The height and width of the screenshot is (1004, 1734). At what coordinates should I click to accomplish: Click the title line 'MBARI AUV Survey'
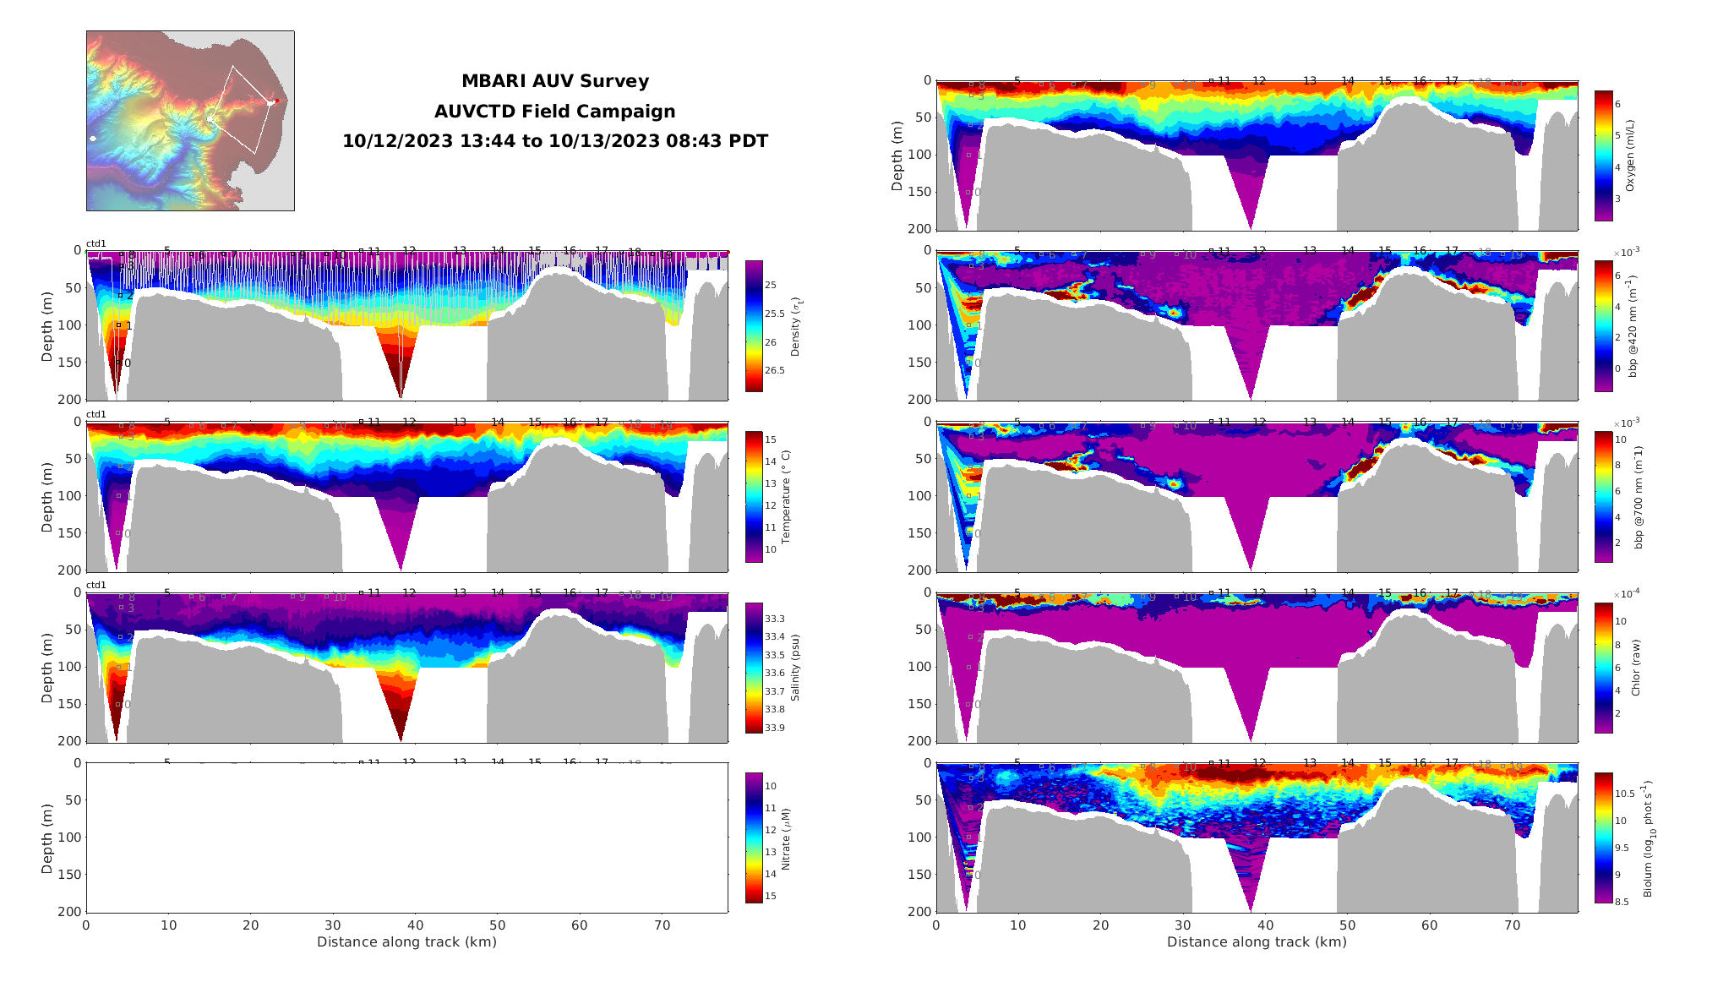pos(554,81)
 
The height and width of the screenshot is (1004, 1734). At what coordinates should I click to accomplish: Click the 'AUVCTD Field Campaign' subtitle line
pos(554,112)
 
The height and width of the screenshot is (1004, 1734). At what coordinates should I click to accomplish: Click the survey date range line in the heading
pos(554,141)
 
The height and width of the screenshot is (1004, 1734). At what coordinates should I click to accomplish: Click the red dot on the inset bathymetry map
pos(276,101)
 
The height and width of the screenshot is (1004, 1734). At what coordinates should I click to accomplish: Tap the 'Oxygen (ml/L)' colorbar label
pos(1630,156)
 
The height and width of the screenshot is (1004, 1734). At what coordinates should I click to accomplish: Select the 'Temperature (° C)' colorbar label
pos(785,497)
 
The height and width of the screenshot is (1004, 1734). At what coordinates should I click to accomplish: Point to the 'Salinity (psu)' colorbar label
pos(795,668)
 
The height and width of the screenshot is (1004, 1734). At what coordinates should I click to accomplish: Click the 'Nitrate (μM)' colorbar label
pos(785,839)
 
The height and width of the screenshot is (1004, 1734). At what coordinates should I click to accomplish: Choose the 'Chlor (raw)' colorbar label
pos(1635,668)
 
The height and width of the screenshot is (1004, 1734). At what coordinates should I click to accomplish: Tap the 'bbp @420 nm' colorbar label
pos(1633,326)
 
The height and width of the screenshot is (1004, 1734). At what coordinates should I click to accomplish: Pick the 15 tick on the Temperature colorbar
pos(771,439)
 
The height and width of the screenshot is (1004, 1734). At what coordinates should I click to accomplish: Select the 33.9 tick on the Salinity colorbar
pos(775,728)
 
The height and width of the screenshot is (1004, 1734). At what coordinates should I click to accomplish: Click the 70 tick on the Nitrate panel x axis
pos(663,925)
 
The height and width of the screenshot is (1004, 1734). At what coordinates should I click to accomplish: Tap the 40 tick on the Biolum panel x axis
pos(1264,925)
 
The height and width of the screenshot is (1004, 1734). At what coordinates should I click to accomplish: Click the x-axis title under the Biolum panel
pos(1257,941)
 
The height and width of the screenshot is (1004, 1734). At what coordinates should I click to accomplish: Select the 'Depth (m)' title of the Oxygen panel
pos(897,156)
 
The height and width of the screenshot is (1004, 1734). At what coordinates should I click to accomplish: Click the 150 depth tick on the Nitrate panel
pos(71,875)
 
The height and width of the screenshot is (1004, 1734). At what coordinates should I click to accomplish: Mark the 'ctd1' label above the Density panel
pos(96,244)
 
